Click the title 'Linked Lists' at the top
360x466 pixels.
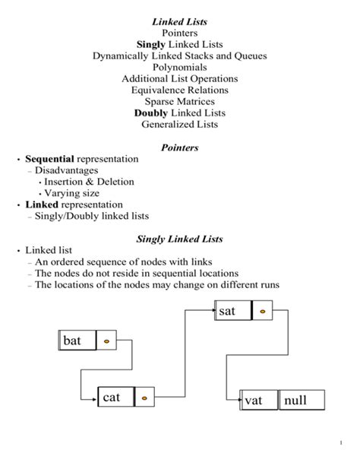(179, 21)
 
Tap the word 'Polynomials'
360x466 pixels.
(179, 67)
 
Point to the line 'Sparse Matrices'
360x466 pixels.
(179, 100)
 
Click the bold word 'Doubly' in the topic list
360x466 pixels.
(150, 113)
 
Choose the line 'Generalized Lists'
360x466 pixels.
(179, 124)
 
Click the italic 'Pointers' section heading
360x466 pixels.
(179, 147)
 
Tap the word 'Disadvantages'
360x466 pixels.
(65, 170)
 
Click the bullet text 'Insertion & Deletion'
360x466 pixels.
(89, 182)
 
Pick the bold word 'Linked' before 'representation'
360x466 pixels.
(41, 204)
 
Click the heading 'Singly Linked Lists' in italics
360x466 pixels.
(179, 239)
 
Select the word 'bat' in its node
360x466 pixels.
(72, 341)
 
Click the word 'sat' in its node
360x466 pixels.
(227, 312)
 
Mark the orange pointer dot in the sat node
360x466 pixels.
(263, 312)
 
